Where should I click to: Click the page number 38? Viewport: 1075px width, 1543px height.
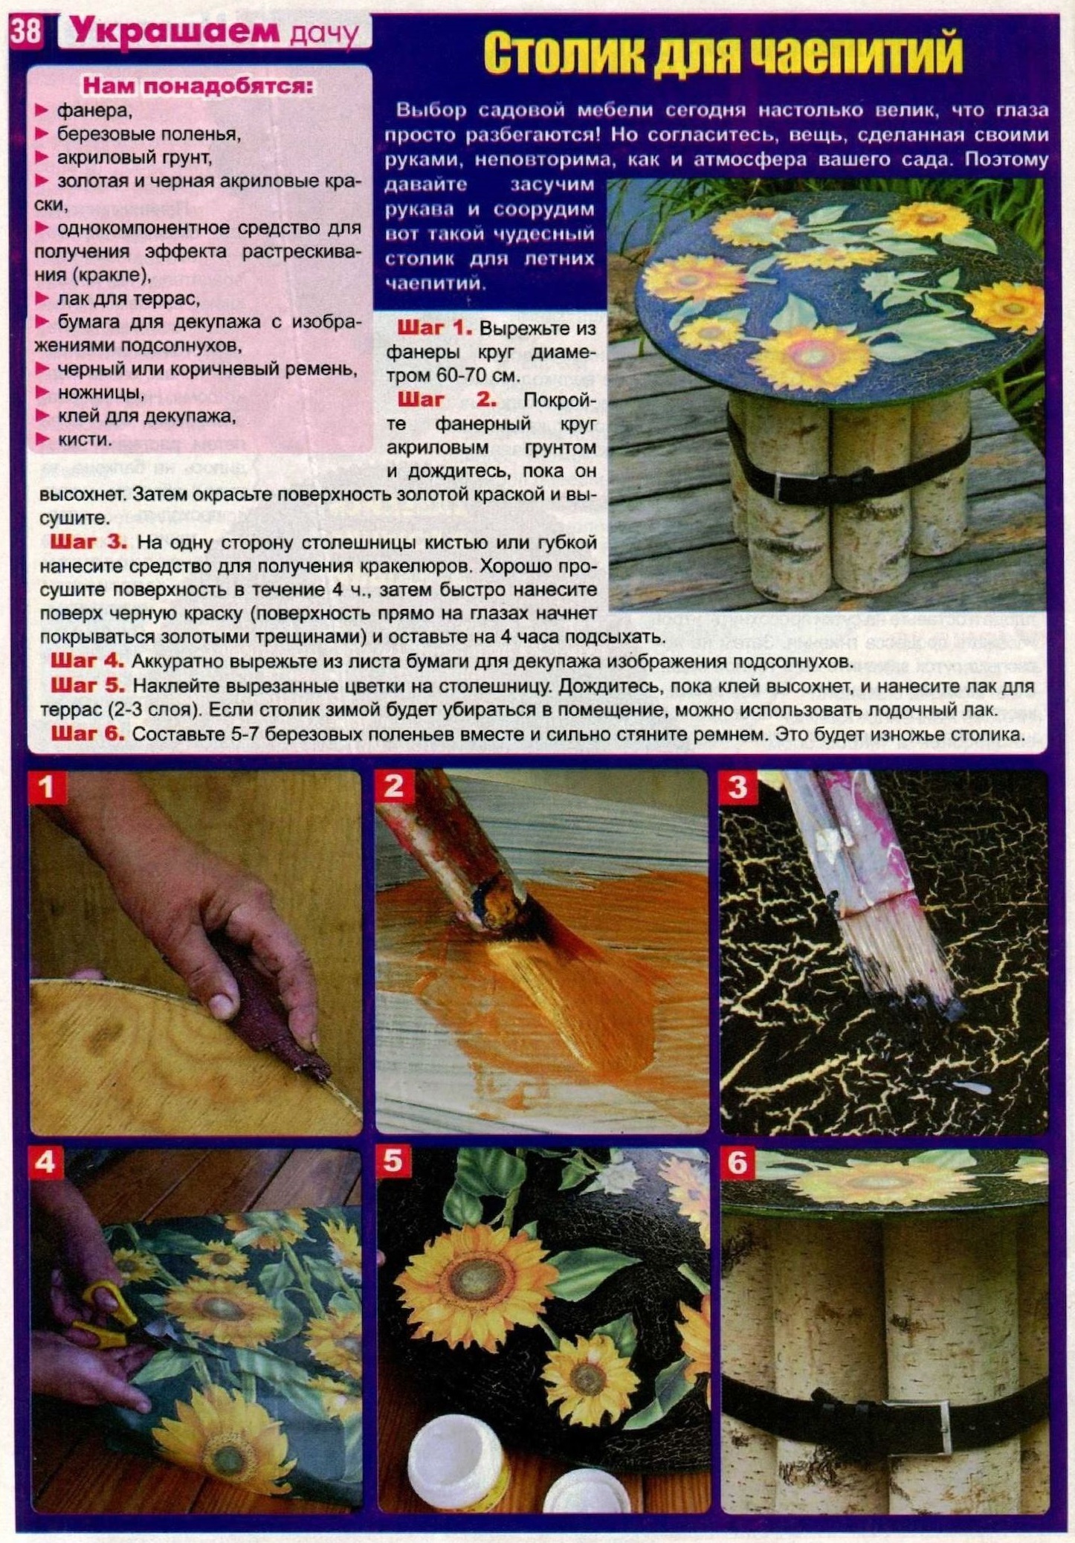click(27, 33)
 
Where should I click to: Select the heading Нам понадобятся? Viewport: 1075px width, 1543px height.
click(198, 86)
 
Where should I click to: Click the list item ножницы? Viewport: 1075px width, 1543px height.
click(100, 392)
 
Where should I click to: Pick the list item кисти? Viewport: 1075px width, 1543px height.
click(84, 439)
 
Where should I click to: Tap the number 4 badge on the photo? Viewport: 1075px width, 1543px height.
click(45, 1162)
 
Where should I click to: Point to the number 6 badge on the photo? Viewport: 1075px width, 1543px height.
click(737, 1162)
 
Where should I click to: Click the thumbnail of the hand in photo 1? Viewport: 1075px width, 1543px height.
click(221, 1005)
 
